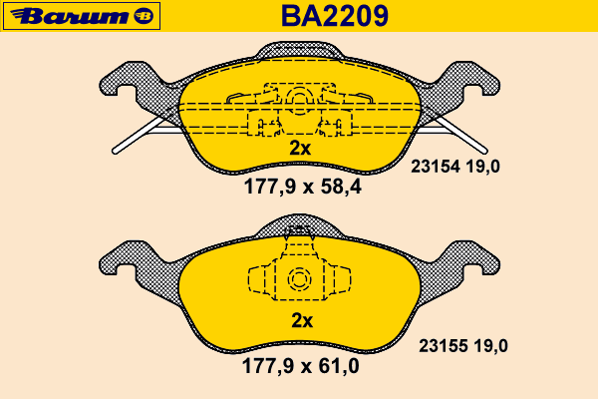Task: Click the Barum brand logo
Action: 82,16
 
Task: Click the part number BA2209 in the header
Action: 335,16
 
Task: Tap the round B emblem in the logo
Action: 144,16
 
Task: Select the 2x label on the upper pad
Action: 300,149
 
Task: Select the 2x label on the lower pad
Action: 302,321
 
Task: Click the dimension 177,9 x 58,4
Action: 302,187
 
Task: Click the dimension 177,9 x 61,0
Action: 301,366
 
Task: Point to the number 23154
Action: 436,167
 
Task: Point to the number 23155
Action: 444,346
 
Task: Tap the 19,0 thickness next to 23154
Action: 482,167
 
